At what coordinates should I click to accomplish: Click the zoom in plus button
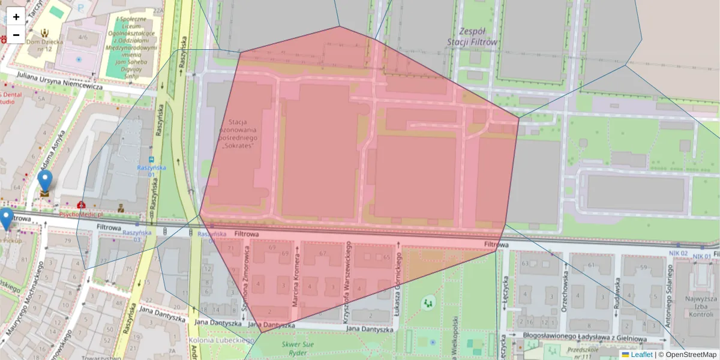pos(16,17)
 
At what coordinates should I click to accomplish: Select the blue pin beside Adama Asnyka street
pos(45,181)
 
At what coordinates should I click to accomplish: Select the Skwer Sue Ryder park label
pos(298,348)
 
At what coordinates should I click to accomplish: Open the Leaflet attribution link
pos(641,355)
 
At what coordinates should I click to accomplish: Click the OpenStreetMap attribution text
pos(691,355)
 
